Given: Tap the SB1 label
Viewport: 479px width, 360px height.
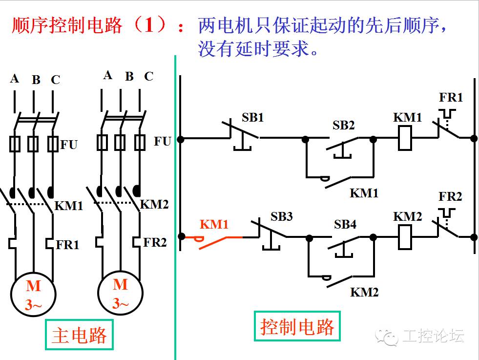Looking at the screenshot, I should tap(252, 118).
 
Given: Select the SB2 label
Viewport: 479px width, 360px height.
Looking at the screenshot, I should tap(344, 125).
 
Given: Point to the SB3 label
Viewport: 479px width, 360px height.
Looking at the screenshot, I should tap(281, 216).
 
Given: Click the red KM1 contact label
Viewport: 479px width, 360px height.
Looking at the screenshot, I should tap(214, 224).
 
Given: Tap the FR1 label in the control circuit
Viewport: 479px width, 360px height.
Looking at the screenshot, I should tap(450, 97).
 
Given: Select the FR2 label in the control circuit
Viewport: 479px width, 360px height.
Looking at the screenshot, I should tap(450, 196).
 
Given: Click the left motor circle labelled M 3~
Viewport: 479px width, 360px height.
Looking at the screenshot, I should tap(34, 293).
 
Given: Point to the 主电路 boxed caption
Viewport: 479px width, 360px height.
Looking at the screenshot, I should tap(79, 335).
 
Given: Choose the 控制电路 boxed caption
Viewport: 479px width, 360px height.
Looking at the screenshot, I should tap(297, 326).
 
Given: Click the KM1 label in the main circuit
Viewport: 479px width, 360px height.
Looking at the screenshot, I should tap(68, 206).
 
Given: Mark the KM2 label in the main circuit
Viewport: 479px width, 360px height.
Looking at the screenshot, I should tap(154, 204).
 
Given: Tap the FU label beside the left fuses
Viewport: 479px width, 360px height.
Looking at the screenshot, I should tap(69, 145).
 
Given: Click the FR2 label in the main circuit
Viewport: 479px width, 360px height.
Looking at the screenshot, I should tap(155, 242).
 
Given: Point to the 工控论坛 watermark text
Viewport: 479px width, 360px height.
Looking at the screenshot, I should tap(433, 336).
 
